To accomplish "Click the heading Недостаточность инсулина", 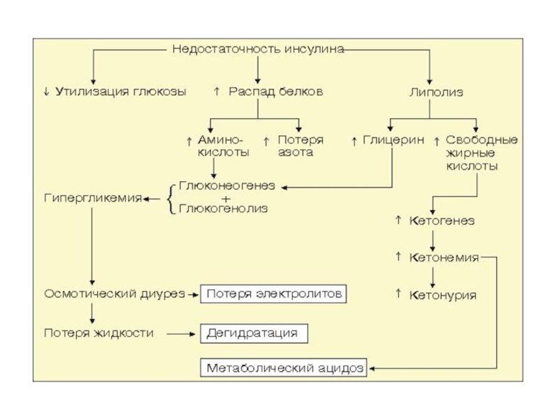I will [x=258, y=50].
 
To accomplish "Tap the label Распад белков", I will [x=276, y=92].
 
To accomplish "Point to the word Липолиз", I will [x=436, y=92].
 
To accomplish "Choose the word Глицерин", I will [x=393, y=140].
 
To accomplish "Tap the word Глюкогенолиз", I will [x=224, y=208].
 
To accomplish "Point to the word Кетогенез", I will [x=442, y=220].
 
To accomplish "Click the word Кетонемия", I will [x=444, y=258].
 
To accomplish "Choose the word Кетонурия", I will [x=442, y=295].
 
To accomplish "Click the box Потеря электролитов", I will [x=274, y=294].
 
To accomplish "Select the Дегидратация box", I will [x=253, y=333].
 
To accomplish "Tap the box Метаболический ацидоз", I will [x=285, y=368].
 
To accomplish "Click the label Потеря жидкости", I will [x=99, y=333].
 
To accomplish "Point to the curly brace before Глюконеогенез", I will [x=170, y=197].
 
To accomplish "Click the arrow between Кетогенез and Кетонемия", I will [x=433, y=239].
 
